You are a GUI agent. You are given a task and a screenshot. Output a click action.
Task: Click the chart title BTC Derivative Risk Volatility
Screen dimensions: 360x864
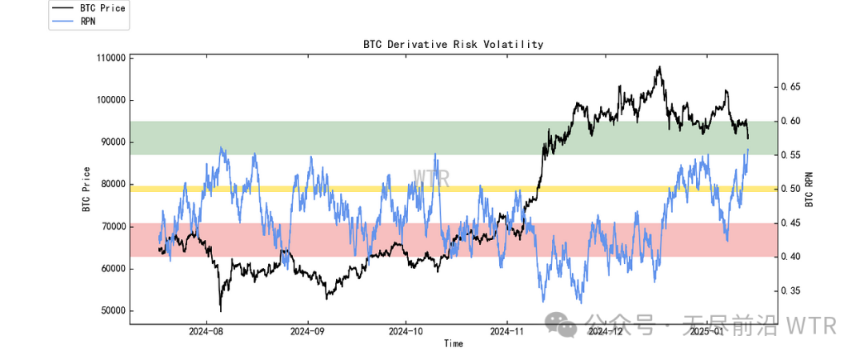pyautogui.click(x=453, y=44)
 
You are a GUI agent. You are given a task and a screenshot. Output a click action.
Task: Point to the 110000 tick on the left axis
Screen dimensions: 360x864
pyautogui.click(x=110, y=58)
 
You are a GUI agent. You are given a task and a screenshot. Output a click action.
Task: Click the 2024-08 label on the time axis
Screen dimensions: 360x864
pyautogui.click(x=206, y=330)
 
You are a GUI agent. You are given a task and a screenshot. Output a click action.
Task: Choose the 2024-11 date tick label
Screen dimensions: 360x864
pyautogui.click(x=506, y=330)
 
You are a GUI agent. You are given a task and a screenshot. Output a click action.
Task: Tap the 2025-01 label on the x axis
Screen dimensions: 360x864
pyautogui.click(x=706, y=330)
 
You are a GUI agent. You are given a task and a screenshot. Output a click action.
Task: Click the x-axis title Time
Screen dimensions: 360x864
pyautogui.click(x=454, y=344)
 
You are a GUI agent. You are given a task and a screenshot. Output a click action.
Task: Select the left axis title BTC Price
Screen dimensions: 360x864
pyautogui.click(x=86, y=189)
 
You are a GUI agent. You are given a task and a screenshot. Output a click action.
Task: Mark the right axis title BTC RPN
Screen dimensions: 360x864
pyautogui.click(x=809, y=189)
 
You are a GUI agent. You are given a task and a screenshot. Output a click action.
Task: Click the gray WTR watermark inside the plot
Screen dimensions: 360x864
pyautogui.click(x=431, y=178)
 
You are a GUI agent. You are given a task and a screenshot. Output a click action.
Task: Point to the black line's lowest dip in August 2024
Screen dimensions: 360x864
pyautogui.click(x=220, y=310)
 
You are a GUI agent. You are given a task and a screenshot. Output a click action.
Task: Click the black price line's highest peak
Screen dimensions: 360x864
pyautogui.click(x=660, y=67)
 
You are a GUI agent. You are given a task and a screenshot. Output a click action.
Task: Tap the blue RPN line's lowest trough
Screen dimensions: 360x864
pyautogui.click(x=581, y=302)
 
